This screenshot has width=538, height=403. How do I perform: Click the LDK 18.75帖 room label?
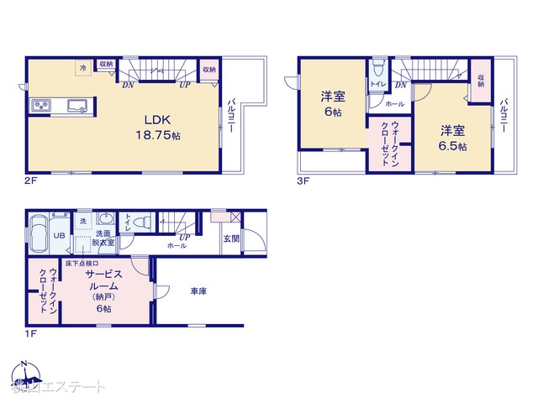coord(152,126)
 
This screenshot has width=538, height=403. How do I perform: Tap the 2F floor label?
coord(30,180)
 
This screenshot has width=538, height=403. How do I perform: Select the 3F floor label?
coord(303,180)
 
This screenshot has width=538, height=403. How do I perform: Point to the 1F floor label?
coord(30,332)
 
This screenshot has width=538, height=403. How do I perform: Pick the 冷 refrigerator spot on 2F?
coord(82,67)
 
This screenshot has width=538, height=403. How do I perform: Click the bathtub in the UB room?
coord(40,234)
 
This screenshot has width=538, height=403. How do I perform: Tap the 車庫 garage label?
coord(198,291)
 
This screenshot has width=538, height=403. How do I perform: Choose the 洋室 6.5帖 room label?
coord(452,138)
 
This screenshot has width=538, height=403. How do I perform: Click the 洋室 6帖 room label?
coord(330,103)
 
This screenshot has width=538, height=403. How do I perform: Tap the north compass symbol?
coord(24,371)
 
